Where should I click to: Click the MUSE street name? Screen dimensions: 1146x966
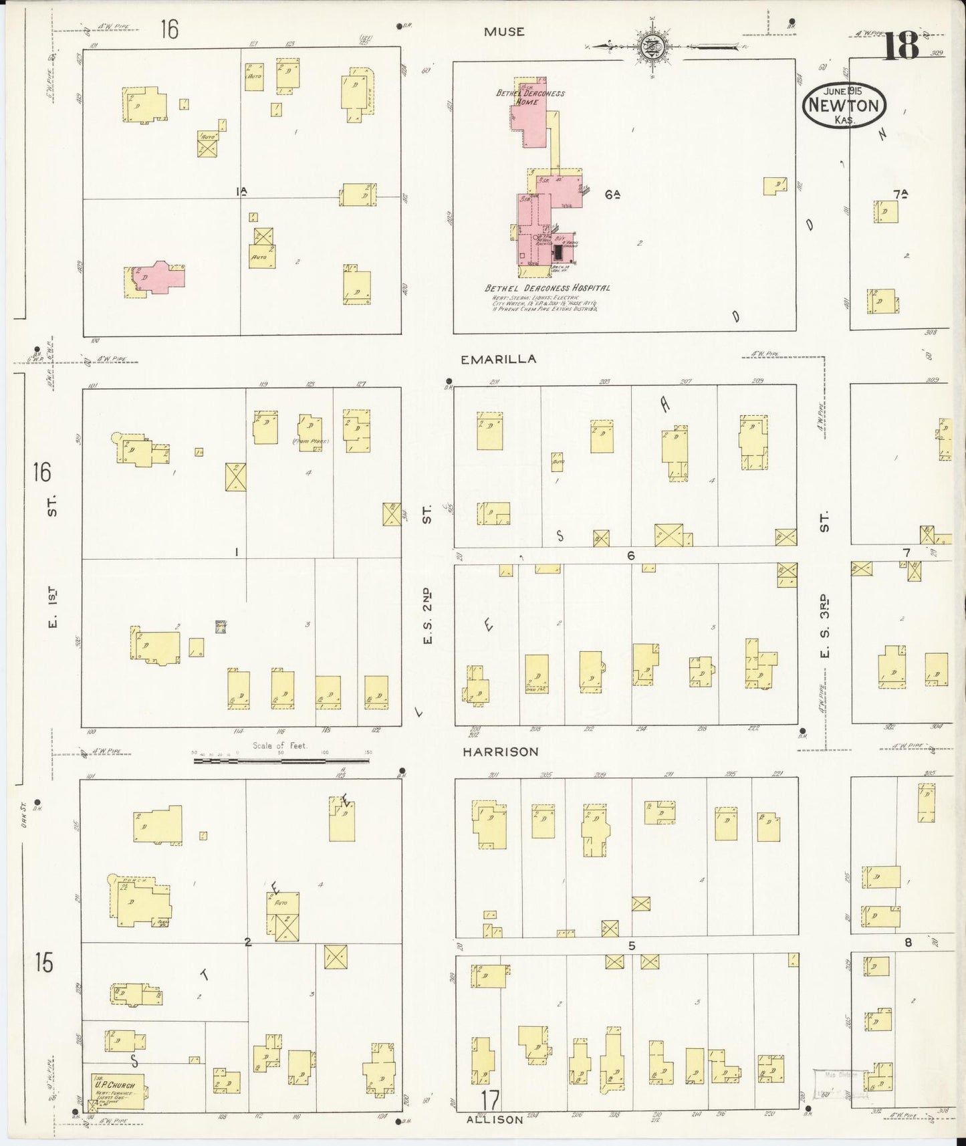coord(504,31)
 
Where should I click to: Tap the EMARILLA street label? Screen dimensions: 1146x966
coord(498,359)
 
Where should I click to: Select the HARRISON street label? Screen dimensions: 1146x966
coord(501,752)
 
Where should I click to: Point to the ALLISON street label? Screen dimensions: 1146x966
coord(495,1119)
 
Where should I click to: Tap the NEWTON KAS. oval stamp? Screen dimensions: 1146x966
coord(844,106)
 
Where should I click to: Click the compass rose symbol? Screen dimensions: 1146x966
coord(647,47)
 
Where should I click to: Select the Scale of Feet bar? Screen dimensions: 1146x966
coord(281,760)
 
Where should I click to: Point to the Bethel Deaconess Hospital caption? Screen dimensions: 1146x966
coord(547,288)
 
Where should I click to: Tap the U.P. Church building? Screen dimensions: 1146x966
coord(118,1091)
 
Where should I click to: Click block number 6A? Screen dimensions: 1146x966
coord(612,195)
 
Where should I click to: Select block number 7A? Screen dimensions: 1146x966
coord(900,195)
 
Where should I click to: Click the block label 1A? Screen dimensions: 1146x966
coord(241,191)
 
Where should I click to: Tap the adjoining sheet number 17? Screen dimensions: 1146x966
coord(489,1099)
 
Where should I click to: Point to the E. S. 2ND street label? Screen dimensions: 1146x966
coord(427,615)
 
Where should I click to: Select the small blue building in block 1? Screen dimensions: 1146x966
coord(220,626)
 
